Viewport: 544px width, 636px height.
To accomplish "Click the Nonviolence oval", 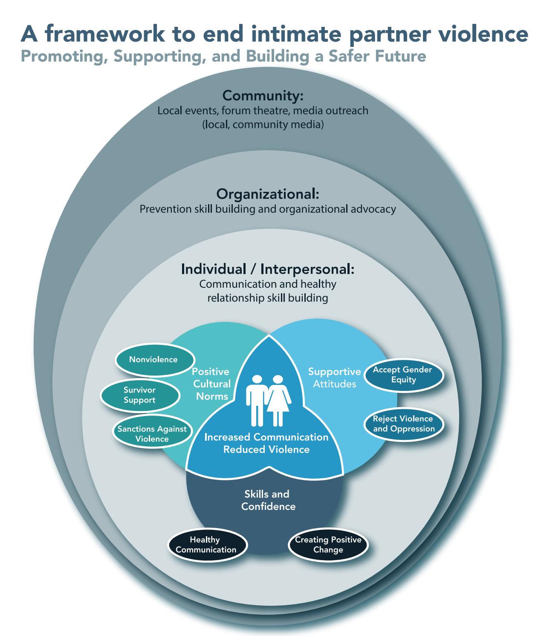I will click(153, 359).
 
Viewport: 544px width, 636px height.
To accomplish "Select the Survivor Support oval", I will click(139, 395).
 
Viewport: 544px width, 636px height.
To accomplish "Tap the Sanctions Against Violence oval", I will click(152, 434).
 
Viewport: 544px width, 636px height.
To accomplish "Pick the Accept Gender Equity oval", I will click(403, 375).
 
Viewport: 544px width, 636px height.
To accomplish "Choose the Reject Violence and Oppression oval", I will click(403, 424).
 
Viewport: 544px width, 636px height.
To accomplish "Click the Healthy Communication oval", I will click(206, 545).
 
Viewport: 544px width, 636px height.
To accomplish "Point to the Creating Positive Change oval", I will click(328, 545).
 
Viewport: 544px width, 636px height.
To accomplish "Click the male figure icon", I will click(257, 400).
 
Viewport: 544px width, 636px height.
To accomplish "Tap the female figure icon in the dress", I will click(278, 400).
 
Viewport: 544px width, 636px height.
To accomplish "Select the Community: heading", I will click(263, 95).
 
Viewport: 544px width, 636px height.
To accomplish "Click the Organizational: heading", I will click(268, 194).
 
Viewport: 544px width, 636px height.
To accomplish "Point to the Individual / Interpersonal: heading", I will click(268, 269).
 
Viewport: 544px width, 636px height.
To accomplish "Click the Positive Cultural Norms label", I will click(211, 384).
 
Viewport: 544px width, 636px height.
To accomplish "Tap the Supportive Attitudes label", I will click(334, 378).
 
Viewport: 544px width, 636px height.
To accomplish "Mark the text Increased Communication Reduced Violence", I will click(266, 443).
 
